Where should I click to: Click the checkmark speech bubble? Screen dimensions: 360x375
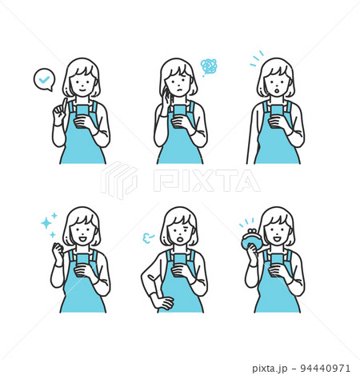[x=44, y=80]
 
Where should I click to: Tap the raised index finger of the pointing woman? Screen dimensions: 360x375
[x=64, y=104]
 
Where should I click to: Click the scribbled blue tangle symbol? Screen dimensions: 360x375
[x=208, y=66]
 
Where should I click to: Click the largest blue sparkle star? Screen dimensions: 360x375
[x=46, y=223]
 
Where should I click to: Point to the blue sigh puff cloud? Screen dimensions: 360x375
[x=147, y=237]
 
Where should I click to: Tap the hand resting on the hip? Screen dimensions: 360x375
[x=163, y=303]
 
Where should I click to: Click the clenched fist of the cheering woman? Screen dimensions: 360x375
[x=58, y=249]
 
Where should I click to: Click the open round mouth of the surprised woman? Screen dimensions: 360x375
[x=277, y=91]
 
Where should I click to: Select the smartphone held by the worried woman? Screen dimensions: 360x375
[x=179, y=113]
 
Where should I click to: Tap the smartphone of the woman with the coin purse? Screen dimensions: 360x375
[x=277, y=261]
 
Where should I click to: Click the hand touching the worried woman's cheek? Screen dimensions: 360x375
[x=166, y=99]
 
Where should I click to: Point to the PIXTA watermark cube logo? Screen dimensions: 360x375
[x=119, y=180]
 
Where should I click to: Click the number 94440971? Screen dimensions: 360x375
[x=325, y=369]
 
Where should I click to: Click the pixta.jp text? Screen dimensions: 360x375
[x=270, y=369]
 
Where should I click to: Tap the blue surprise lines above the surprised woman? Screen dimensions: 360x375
[x=257, y=58]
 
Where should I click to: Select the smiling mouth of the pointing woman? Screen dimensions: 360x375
[x=82, y=90]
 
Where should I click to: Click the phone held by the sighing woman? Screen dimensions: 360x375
[x=180, y=261]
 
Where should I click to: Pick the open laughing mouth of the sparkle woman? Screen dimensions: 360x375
[x=82, y=239]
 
